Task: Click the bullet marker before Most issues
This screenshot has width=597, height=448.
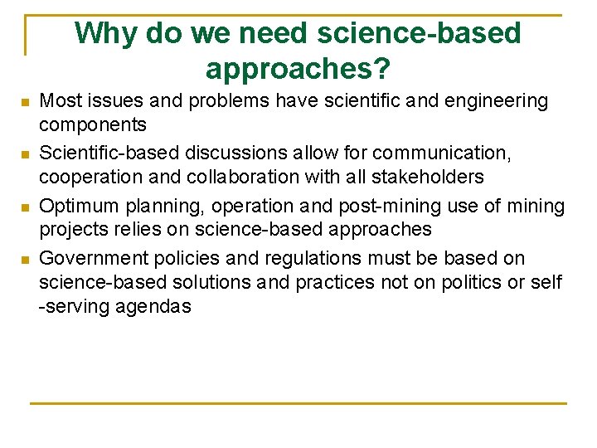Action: click(26, 103)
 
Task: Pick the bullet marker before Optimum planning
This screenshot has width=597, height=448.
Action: click(26, 207)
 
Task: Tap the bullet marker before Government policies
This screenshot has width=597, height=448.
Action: click(26, 261)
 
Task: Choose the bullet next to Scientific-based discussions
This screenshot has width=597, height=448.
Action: click(26, 155)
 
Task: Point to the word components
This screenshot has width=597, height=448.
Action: click(93, 124)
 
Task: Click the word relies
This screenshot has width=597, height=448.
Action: click(128, 229)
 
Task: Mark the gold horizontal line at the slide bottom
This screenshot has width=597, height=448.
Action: click(298, 403)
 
